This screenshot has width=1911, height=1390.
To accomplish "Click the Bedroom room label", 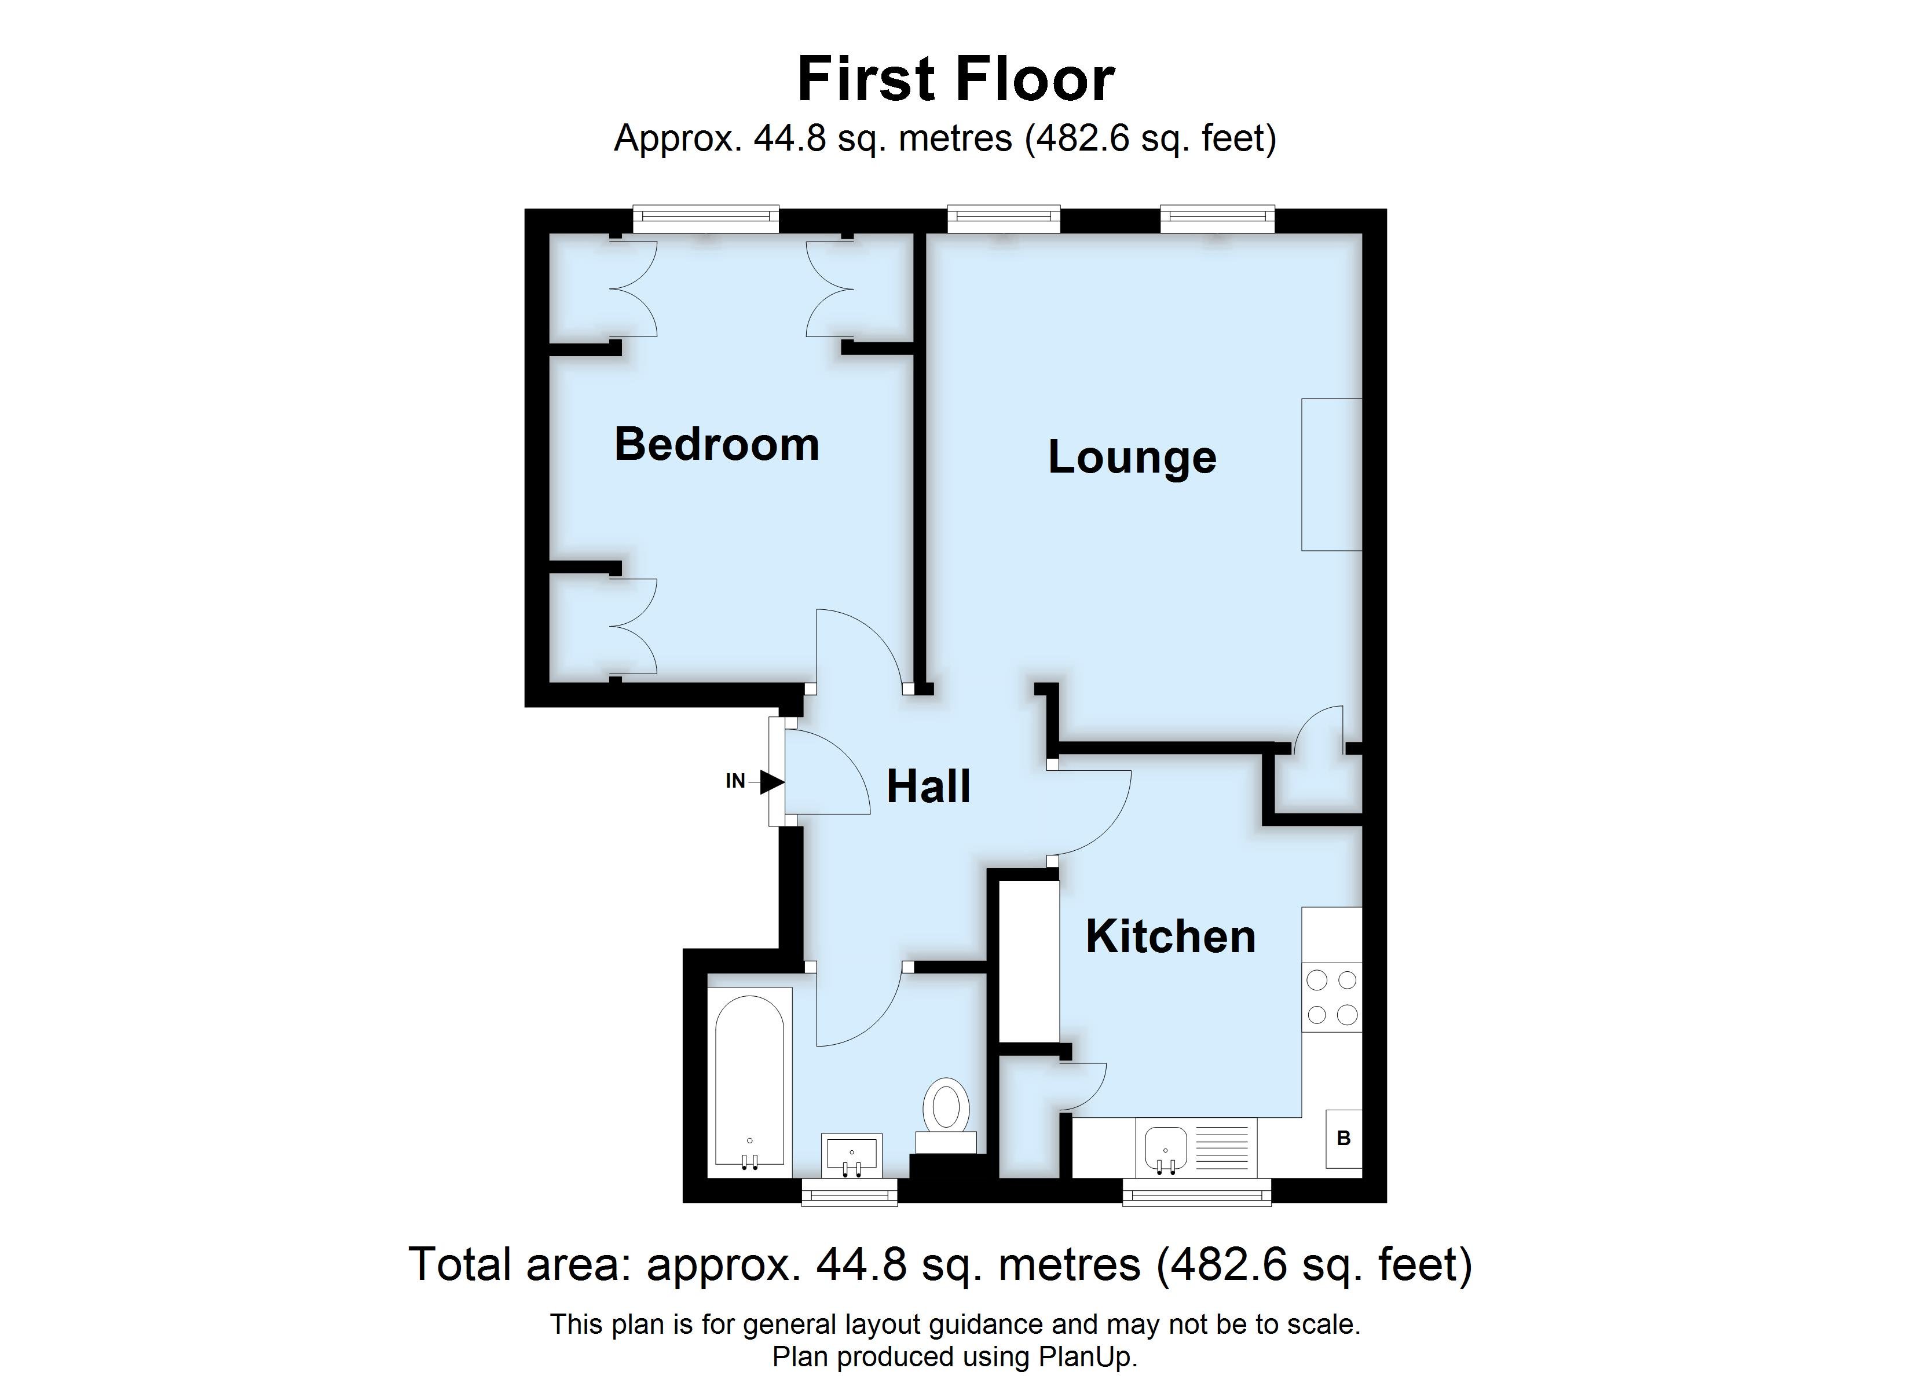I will tap(716, 445).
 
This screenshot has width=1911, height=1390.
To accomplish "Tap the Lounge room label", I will tap(1132, 458).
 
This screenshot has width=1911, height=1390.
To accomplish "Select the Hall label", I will tap(928, 787).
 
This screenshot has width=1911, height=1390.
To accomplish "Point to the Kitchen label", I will tap(1170, 937).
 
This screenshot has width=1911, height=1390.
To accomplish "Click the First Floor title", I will tap(955, 79).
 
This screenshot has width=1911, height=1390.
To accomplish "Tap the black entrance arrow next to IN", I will tap(772, 782).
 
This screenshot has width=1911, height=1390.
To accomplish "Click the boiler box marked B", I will tap(1343, 1138).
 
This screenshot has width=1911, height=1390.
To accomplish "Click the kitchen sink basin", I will tap(1166, 1146).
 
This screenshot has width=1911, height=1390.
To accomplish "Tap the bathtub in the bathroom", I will tap(750, 1082).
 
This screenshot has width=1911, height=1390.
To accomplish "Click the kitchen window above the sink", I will tap(1196, 1192).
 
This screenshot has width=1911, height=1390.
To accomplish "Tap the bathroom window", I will tap(850, 1192).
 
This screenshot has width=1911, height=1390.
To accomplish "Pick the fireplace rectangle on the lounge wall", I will tap(1331, 474).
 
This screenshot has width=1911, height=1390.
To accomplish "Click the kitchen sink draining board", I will tap(1222, 1146).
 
